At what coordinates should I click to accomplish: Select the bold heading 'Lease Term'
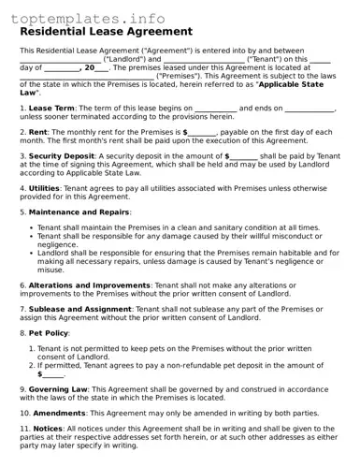point(52,109)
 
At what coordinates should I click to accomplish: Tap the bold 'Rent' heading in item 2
point(38,132)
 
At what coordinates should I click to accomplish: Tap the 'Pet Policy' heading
point(49,332)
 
